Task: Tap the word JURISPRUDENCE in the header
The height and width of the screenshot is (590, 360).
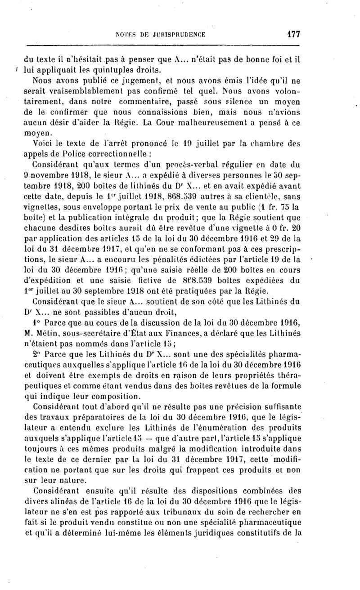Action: (180, 34)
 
